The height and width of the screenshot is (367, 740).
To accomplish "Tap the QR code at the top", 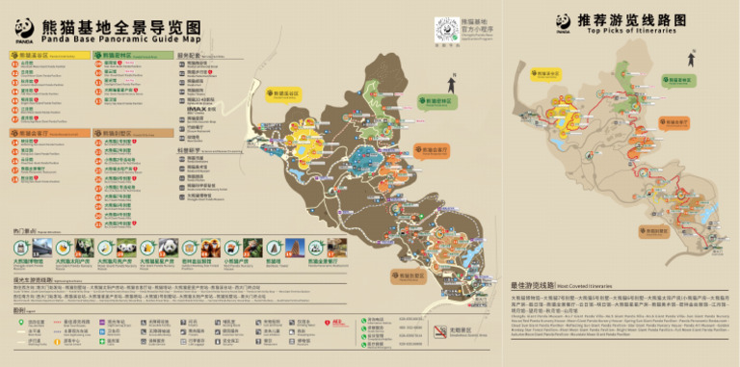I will tap(446, 27).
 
